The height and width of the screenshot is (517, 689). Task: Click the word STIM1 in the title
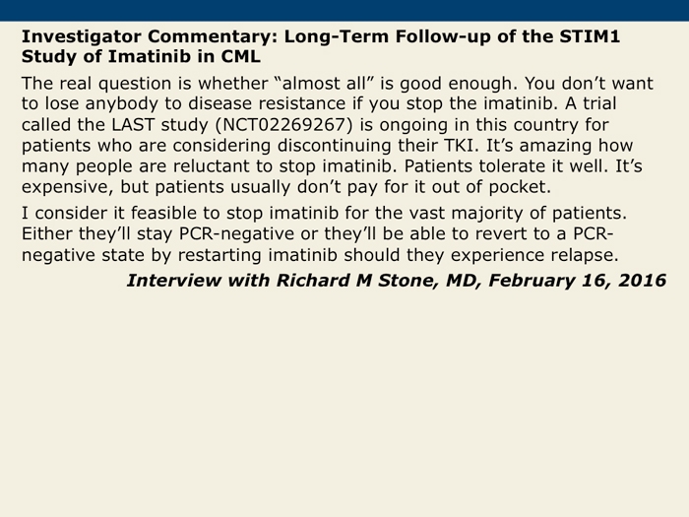click(x=590, y=36)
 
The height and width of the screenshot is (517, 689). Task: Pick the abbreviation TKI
click(x=460, y=146)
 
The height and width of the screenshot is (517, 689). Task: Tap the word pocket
click(x=520, y=187)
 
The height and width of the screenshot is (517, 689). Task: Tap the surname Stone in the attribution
click(x=409, y=281)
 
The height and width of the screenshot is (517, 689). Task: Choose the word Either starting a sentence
click(x=47, y=234)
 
